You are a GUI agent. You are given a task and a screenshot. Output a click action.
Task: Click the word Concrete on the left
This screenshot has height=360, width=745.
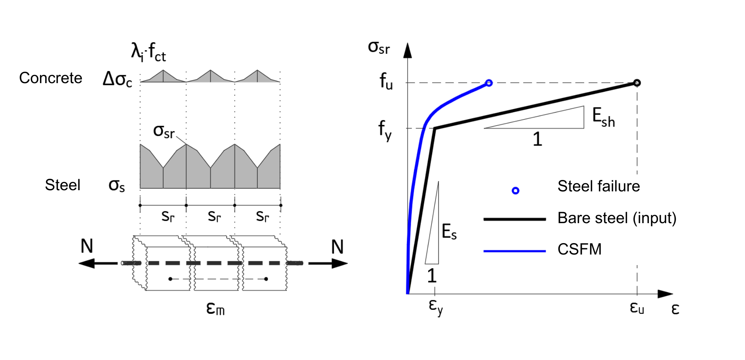click(x=51, y=78)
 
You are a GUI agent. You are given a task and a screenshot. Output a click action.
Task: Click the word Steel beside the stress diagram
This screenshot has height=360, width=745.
click(x=62, y=185)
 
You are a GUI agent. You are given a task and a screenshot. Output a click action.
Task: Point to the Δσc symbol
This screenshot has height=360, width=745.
click(x=117, y=79)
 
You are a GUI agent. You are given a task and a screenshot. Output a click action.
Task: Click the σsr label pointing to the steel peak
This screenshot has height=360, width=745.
click(x=164, y=131)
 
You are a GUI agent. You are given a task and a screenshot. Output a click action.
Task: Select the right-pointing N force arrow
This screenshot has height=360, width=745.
click(x=328, y=263)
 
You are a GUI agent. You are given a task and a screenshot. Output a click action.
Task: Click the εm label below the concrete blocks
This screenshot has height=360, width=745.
click(x=215, y=308)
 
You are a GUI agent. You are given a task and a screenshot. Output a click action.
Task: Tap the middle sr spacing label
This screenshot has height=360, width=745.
click(x=214, y=216)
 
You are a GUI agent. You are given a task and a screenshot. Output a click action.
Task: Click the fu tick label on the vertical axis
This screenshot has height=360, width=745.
click(x=386, y=82)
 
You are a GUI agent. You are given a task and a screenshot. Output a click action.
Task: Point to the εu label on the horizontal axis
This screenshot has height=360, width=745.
click(x=637, y=307)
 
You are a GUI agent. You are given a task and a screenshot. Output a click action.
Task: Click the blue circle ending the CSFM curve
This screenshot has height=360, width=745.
click(x=489, y=83)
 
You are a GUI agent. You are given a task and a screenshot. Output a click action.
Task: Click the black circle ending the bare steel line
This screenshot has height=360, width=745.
click(x=637, y=83)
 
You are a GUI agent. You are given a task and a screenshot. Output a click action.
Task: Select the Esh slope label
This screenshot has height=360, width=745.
click(x=603, y=117)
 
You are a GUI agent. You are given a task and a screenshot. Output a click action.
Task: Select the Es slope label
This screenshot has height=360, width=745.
click(x=449, y=231)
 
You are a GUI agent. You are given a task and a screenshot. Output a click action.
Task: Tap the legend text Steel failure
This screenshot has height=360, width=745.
click(x=598, y=186)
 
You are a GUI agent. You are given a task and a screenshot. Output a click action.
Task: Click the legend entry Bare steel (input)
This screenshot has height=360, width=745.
click(x=617, y=218)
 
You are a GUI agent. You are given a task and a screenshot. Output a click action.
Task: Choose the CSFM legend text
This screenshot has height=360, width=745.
click(x=579, y=249)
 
